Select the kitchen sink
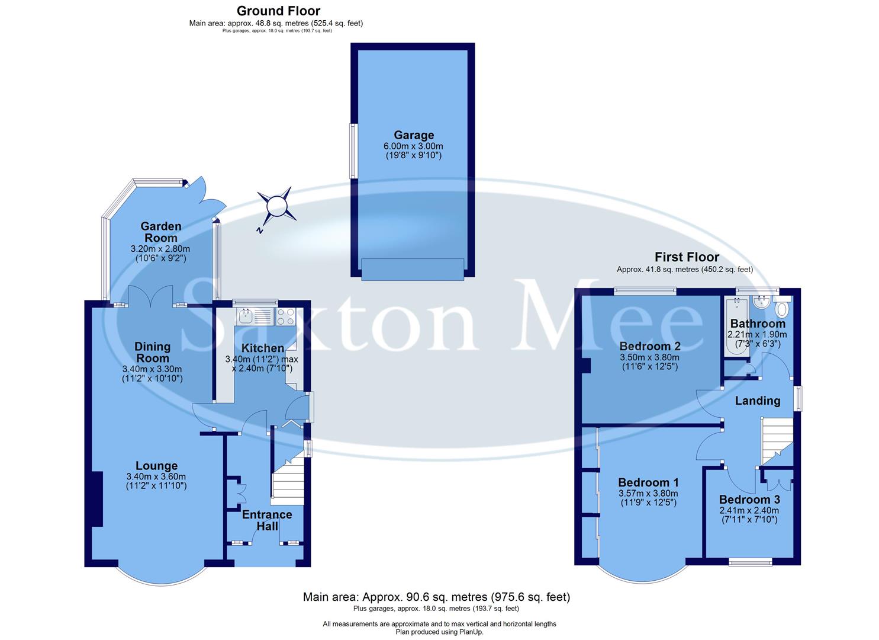point(255,317)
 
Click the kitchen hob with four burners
point(285,317)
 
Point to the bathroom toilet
point(782,309)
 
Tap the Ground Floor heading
point(278,11)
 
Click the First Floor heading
point(687,257)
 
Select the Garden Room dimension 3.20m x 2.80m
point(160,249)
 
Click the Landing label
point(757,401)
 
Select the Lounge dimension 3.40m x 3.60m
point(156,476)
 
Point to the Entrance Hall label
point(267,520)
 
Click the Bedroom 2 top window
point(645,290)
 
